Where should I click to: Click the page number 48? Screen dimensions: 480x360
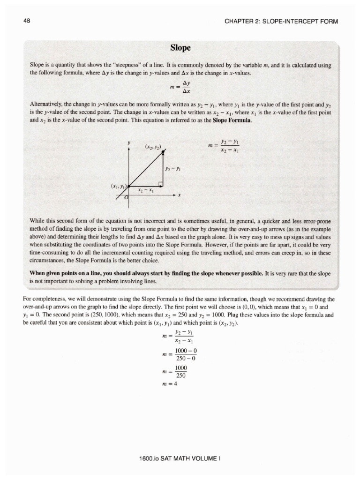[x=26, y=21]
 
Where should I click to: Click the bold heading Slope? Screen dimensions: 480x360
[x=180, y=48]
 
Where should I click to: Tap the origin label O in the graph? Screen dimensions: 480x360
[x=126, y=198]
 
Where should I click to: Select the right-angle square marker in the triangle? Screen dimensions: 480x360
[x=160, y=183]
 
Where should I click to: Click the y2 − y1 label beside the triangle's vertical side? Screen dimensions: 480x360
[x=173, y=168]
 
